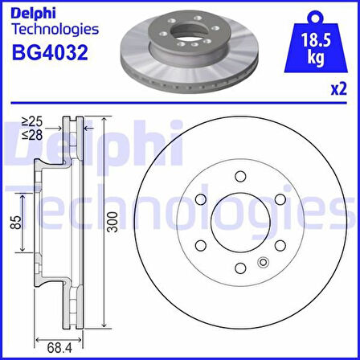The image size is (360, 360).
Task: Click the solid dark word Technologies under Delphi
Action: (55, 29)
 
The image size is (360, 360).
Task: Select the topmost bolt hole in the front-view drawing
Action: (239, 177)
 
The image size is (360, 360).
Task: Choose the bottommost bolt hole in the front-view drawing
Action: (239, 268)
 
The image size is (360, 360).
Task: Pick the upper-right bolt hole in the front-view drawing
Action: (278, 199)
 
